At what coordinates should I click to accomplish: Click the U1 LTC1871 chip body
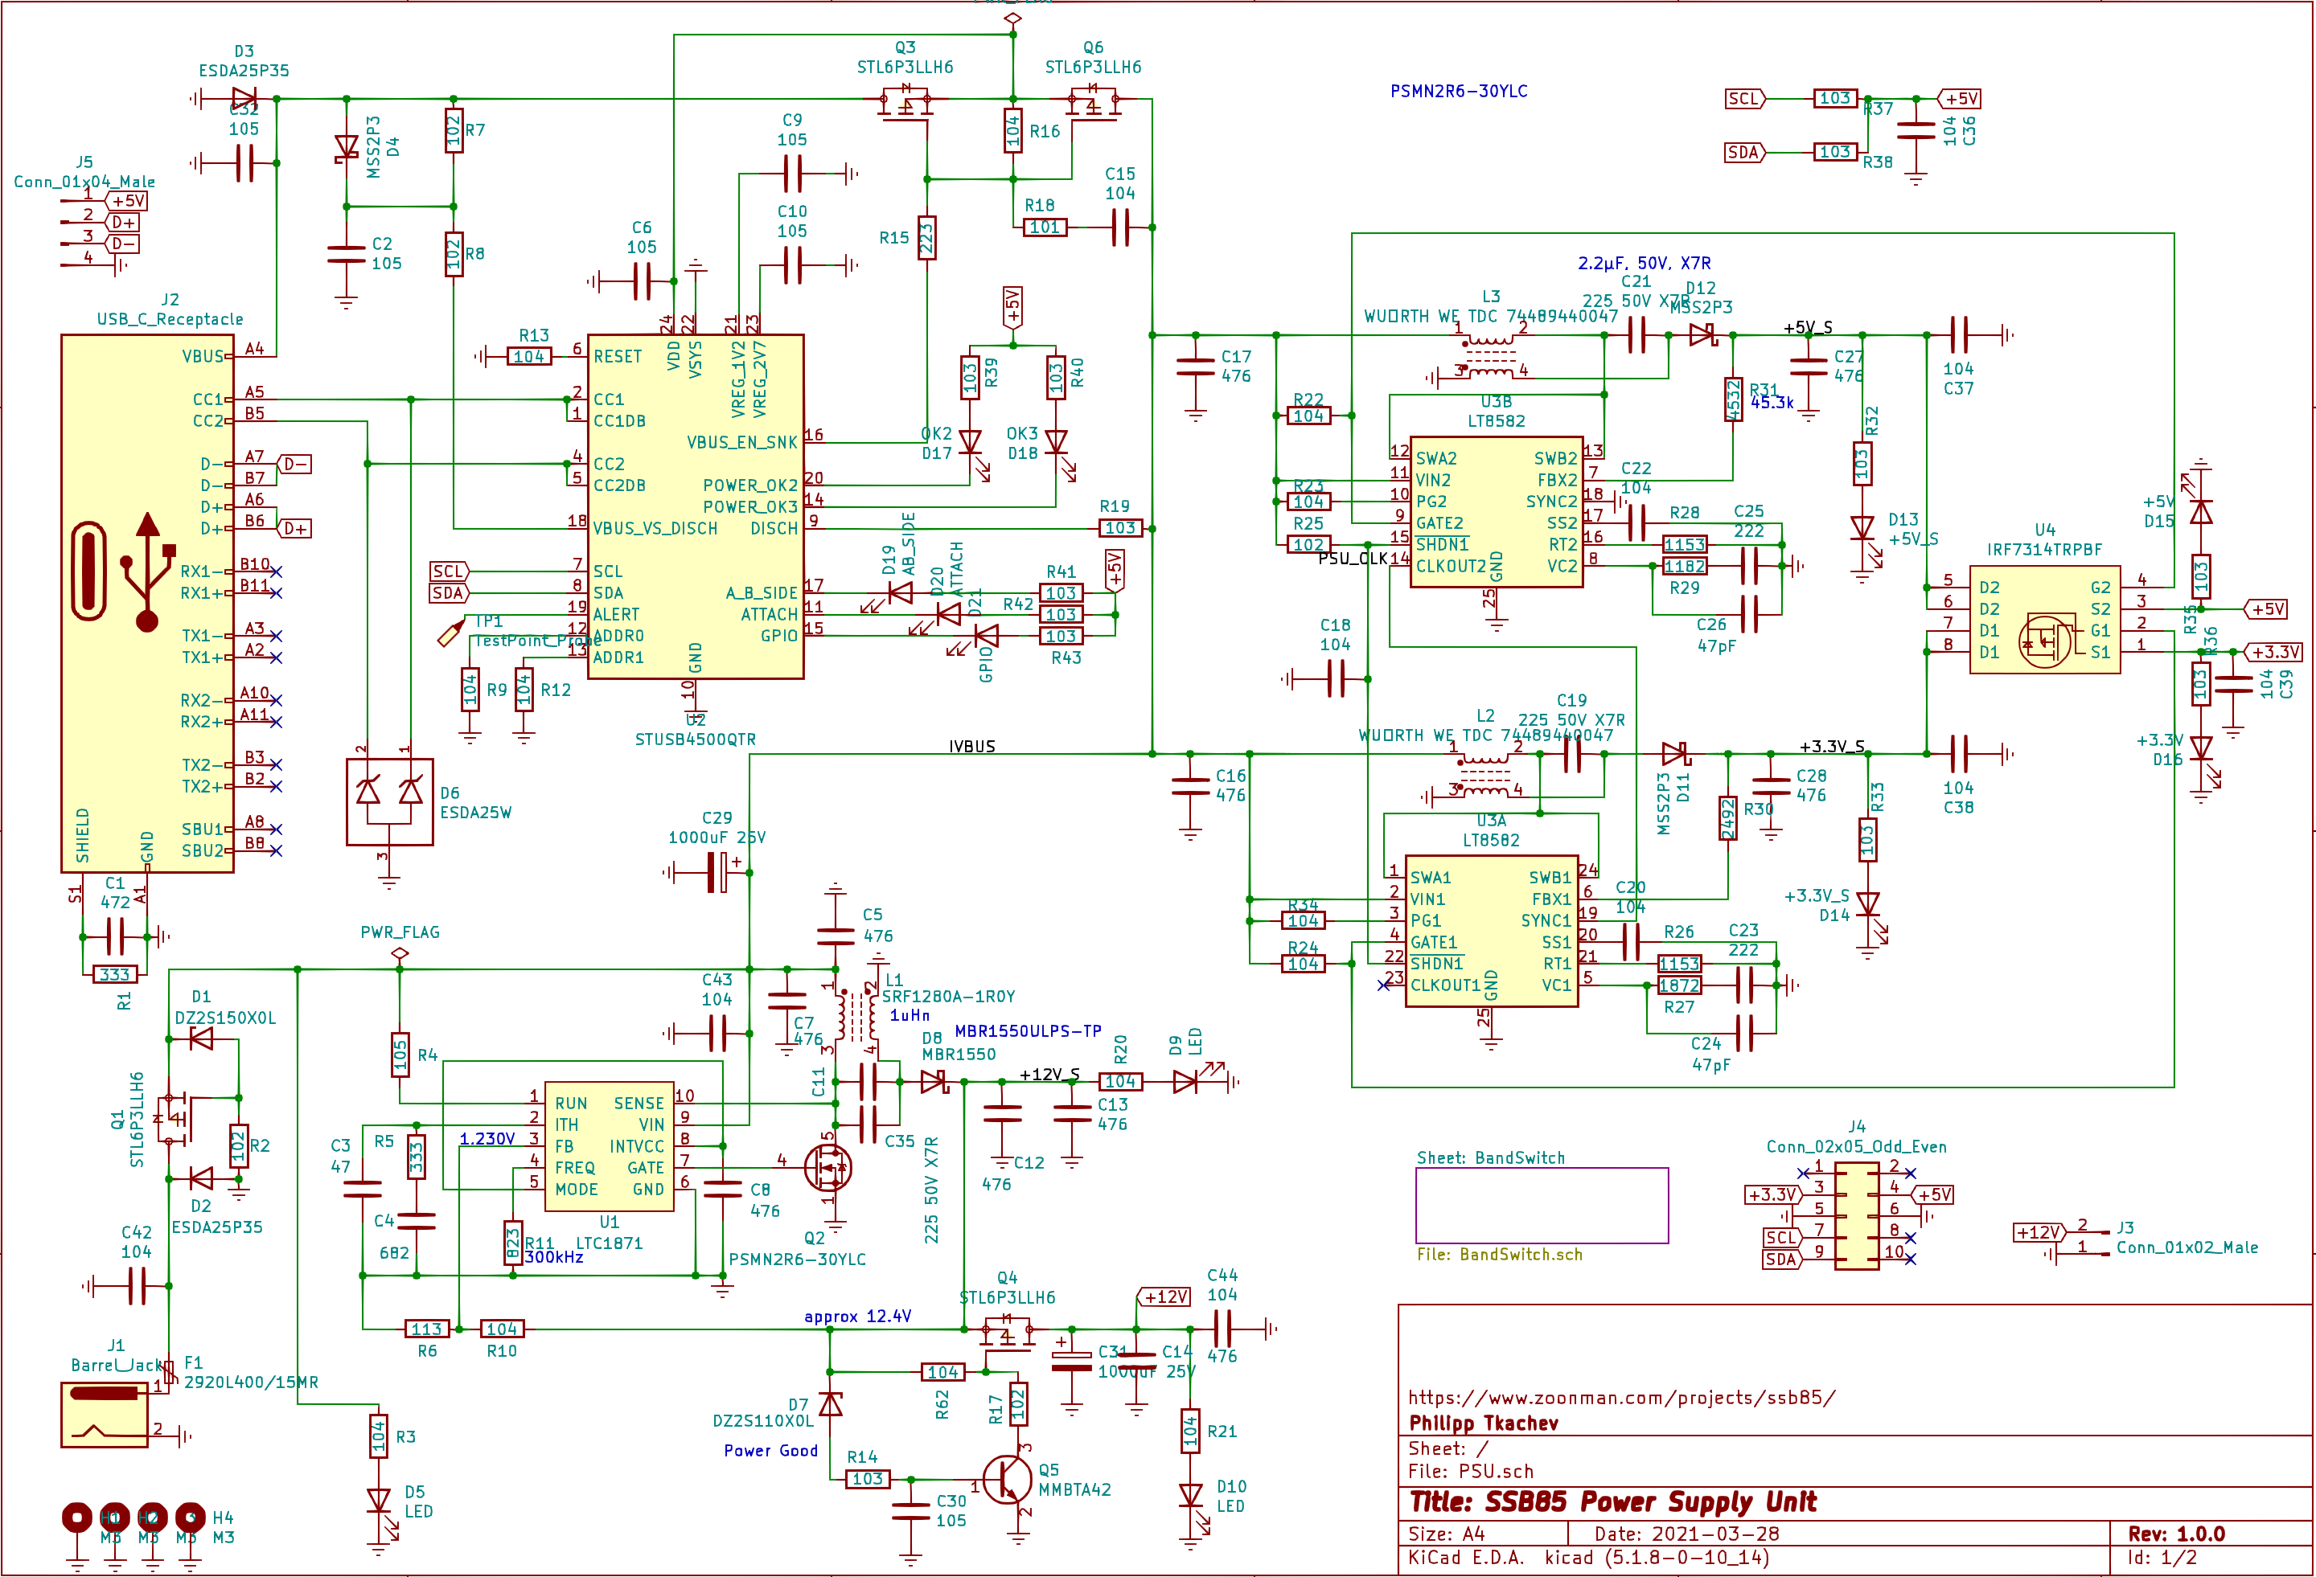coord(609,1145)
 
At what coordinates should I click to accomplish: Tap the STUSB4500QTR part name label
coord(695,739)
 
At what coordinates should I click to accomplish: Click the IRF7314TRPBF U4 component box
coord(2044,619)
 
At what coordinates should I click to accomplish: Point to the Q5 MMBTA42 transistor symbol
coord(1007,1481)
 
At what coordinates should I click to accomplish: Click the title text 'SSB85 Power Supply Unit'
coord(1612,1501)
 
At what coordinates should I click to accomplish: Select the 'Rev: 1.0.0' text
coord(2175,1533)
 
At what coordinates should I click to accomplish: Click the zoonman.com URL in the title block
coord(1620,1397)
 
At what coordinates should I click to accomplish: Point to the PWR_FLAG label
coord(400,932)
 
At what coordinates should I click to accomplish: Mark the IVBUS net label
coord(971,746)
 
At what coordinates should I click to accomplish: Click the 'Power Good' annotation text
coord(770,1451)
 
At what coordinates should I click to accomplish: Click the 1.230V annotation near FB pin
coord(487,1139)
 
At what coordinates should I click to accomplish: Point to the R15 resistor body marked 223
coord(926,238)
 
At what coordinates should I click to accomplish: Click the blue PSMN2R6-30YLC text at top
coord(1458,91)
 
